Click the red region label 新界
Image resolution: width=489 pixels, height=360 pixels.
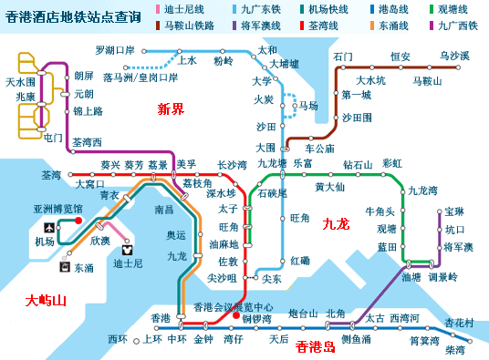(x=170, y=109)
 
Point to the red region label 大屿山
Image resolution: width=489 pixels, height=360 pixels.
(x=45, y=300)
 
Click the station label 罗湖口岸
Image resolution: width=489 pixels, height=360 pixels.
(x=115, y=49)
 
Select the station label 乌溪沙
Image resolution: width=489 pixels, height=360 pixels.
(x=453, y=57)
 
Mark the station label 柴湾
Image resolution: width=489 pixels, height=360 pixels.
(x=454, y=349)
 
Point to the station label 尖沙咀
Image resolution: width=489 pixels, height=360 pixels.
(x=223, y=278)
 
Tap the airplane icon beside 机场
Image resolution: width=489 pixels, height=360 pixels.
(x=46, y=226)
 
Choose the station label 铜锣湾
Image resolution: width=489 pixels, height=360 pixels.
(x=257, y=319)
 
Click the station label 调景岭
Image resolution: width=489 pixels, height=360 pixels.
(x=442, y=277)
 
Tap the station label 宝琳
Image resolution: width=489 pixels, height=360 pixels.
(x=455, y=211)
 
